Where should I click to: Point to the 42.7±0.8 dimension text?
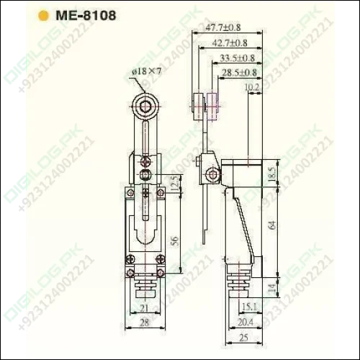coord(229,42)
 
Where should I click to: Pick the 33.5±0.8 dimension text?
coord(238,58)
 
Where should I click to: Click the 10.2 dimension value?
coord(253,87)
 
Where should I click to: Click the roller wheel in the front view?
coord(144,108)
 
